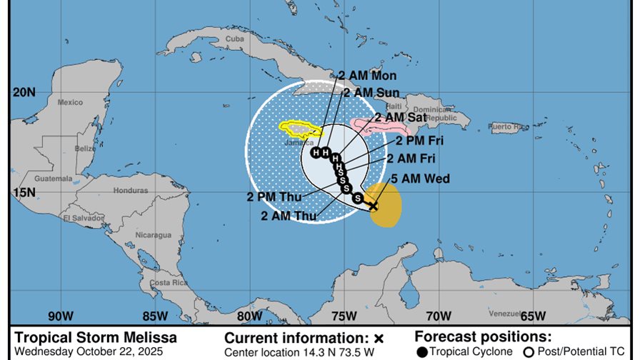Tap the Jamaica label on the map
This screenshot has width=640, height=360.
coord(299,141)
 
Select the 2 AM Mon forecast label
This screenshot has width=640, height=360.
coord(368,76)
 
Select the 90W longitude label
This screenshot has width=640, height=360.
coord(61,316)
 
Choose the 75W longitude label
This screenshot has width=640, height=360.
coord(344,316)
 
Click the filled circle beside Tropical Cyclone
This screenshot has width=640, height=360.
coord(423,351)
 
